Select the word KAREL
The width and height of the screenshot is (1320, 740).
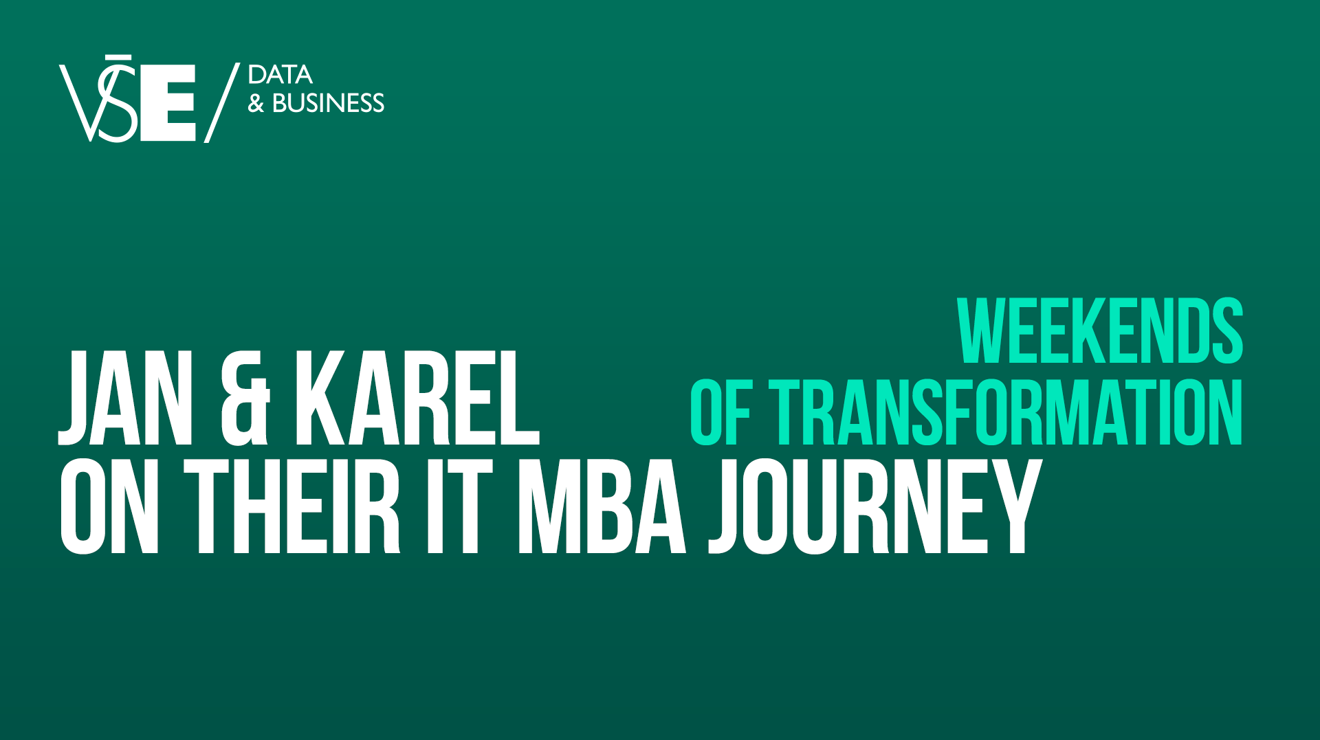[x=417, y=398]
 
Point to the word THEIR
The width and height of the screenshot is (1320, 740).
[x=291, y=506]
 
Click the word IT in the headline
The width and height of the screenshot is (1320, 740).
[x=459, y=506]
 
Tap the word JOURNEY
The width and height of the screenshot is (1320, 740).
[x=874, y=506]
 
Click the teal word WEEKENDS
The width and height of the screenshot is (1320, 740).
[x=1100, y=331]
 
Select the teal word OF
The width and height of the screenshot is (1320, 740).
[x=720, y=412]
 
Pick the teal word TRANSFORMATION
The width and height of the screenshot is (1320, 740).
[x=1005, y=412]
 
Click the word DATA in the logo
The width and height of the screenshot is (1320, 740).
[x=280, y=75]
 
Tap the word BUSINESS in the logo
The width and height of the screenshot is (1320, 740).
[x=328, y=103]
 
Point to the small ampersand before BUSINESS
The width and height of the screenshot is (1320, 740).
[x=256, y=104]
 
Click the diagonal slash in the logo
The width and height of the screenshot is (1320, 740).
[x=222, y=102]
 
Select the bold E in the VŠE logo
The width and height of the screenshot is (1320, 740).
[x=168, y=103]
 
